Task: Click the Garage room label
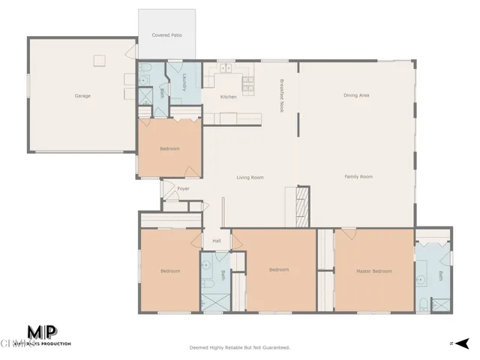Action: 82,96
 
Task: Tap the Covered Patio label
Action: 166,35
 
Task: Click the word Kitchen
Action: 229,97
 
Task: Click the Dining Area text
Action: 356,95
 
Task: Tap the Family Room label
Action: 358,176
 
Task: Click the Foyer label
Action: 183,188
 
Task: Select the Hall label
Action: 217,241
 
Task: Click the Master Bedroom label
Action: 373,271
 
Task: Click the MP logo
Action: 43,332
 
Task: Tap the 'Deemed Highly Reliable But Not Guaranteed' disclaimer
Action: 239,347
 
